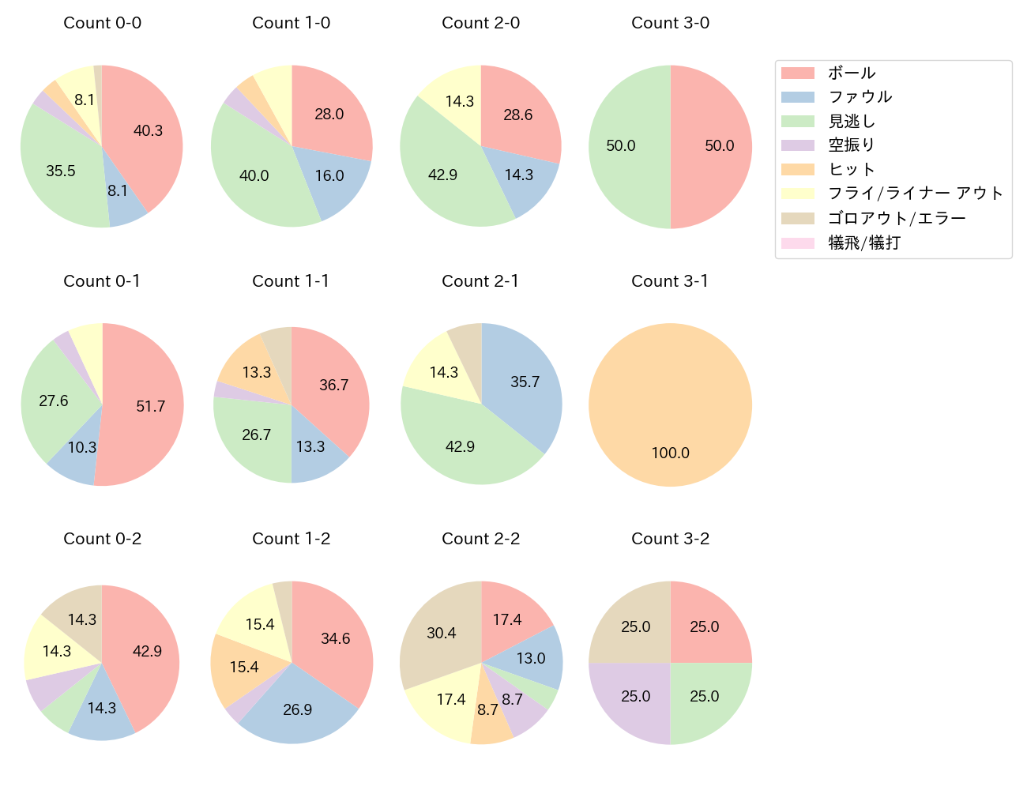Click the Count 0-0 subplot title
click(x=103, y=23)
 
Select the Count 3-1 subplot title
click(x=670, y=281)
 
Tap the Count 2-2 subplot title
click(x=480, y=539)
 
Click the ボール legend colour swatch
click(x=797, y=73)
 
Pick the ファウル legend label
click(x=860, y=97)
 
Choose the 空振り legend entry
click(x=851, y=145)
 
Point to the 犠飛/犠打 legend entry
click(x=863, y=243)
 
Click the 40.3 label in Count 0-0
click(x=148, y=131)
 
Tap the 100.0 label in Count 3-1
click(x=670, y=453)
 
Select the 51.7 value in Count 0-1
click(x=150, y=406)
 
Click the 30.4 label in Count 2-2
click(x=442, y=633)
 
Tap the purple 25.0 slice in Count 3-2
click(x=636, y=697)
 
